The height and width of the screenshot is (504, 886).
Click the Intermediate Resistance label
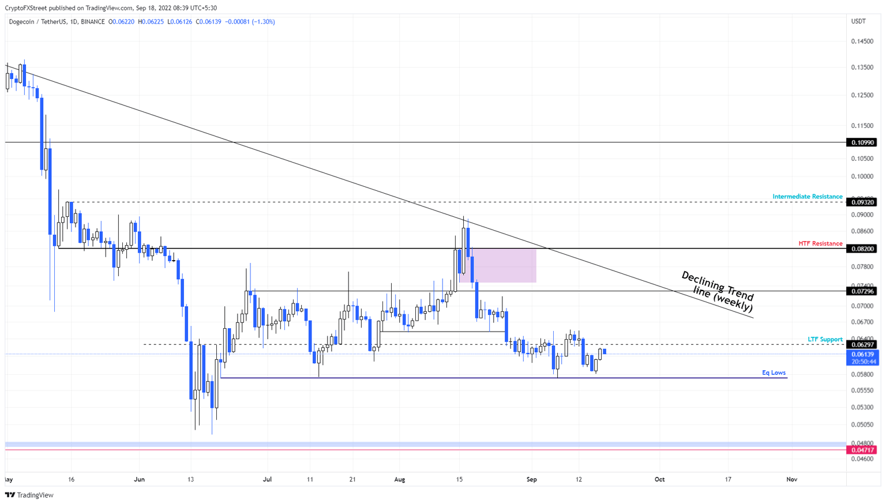click(x=807, y=197)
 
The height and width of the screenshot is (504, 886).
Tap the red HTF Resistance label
click(x=820, y=244)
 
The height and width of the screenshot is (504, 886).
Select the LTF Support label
click(x=825, y=339)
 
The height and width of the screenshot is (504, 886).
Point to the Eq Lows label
click(x=774, y=373)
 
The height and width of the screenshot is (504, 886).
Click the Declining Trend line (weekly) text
click(x=718, y=292)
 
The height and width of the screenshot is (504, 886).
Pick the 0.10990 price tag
click(x=861, y=142)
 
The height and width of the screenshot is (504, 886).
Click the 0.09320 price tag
click(x=861, y=202)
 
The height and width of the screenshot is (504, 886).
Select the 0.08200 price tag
click(x=861, y=249)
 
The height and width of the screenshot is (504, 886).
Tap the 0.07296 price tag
click(x=861, y=291)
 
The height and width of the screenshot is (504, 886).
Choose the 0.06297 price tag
click(x=861, y=345)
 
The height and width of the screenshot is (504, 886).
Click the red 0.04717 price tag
click(x=861, y=450)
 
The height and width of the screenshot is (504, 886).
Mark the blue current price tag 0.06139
click(x=862, y=355)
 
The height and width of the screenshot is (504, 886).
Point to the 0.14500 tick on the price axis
click(x=862, y=42)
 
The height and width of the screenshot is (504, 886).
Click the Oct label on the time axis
click(x=659, y=479)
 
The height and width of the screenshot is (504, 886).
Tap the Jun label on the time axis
click(x=139, y=479)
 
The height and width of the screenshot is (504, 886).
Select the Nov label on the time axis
click(x=791, y=479)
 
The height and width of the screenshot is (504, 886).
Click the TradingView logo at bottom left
click(x=29, y=495)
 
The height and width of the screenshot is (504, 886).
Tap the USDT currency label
click(x=858, y=21)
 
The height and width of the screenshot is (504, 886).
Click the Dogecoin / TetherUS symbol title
click(x=57, y=22)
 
